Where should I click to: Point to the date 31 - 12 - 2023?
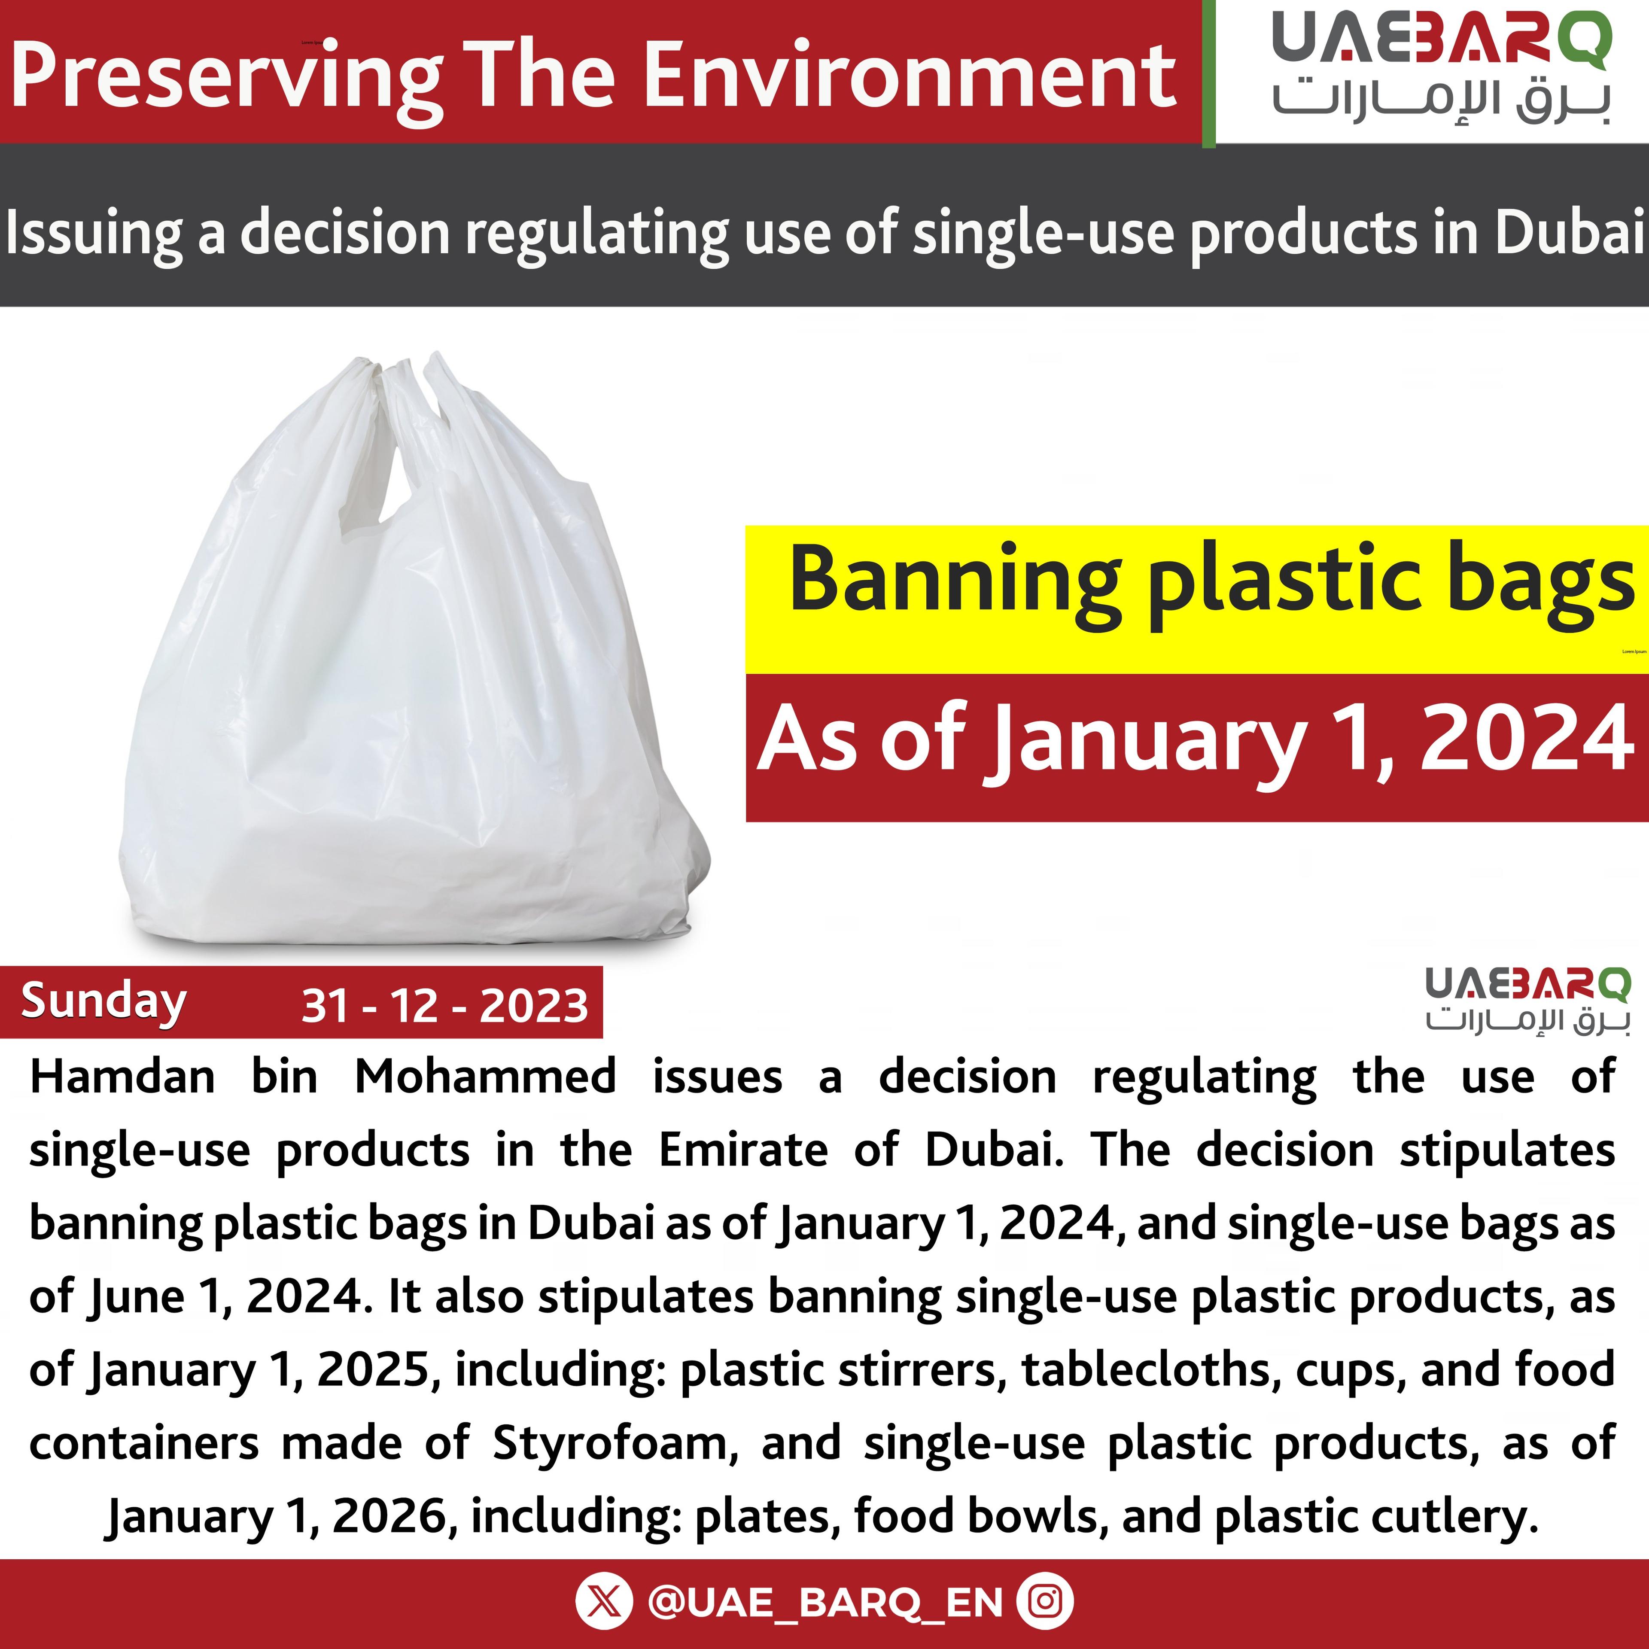(445, 1005)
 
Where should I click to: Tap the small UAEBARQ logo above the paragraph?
(1527, 1000)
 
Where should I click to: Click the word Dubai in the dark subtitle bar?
(1569, 234)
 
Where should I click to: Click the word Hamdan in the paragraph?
(122, 1077)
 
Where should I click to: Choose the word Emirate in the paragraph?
(742, 1150)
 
